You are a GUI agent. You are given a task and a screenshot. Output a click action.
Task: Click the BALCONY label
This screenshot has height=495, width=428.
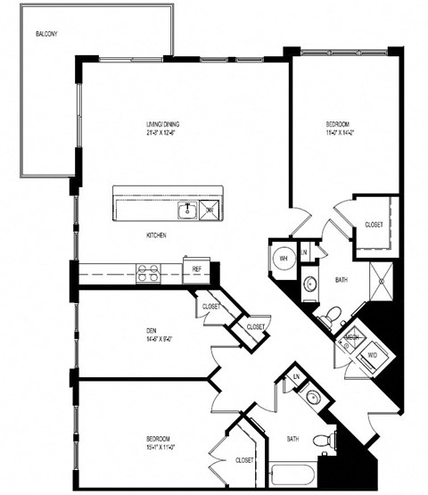click(47, 35)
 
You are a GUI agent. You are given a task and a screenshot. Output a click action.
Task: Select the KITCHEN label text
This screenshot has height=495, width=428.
click(159, 235)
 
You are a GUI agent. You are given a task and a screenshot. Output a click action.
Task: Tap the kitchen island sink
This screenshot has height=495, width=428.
click(187, 210)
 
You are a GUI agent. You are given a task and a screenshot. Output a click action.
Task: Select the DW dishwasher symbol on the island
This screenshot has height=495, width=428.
click(210, 210)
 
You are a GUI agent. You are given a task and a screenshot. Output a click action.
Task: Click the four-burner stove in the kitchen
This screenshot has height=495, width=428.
click(148, 273)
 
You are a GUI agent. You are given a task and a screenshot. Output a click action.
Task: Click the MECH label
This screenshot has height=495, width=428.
click(352, 338)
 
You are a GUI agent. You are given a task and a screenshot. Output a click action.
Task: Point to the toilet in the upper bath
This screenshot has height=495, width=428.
click(330, 315)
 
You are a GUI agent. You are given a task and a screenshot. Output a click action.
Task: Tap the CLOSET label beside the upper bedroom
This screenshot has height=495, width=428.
click(374, 225)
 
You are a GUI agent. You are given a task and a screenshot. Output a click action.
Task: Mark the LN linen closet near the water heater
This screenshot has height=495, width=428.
click(304, 252)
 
